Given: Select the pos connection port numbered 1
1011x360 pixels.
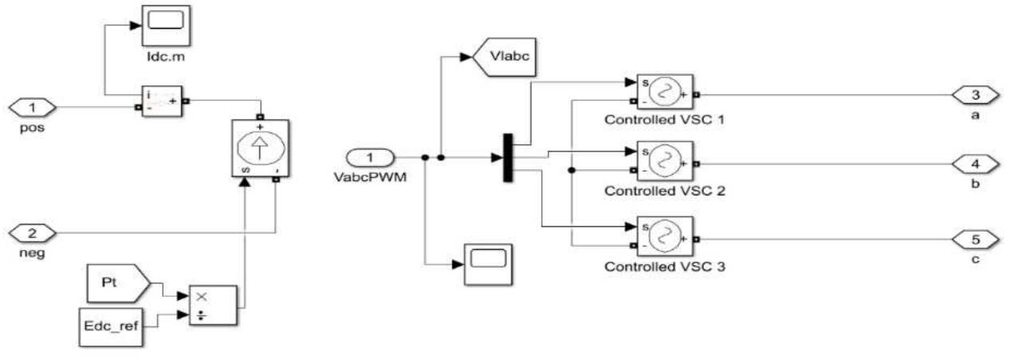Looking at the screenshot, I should click(32, 106).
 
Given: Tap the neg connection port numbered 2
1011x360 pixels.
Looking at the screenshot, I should click(32, 233).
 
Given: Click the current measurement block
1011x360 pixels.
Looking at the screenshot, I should click(163, 101).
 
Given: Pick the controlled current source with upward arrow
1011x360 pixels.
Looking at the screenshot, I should click(259, 149).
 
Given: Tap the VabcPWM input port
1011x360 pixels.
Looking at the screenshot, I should click(369, 157).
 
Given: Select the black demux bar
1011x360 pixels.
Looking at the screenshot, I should click(507, 157).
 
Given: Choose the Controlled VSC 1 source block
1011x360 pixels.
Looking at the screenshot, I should click(664, 95).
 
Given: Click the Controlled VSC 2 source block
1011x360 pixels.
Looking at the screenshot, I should click(664, 163).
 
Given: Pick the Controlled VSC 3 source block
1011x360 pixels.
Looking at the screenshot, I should click(664, 237).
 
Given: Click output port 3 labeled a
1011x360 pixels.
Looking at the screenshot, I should click(975, 95).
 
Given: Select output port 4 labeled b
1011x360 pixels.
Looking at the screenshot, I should click(975, 163).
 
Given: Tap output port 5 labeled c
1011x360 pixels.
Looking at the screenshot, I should click(975, 238).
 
